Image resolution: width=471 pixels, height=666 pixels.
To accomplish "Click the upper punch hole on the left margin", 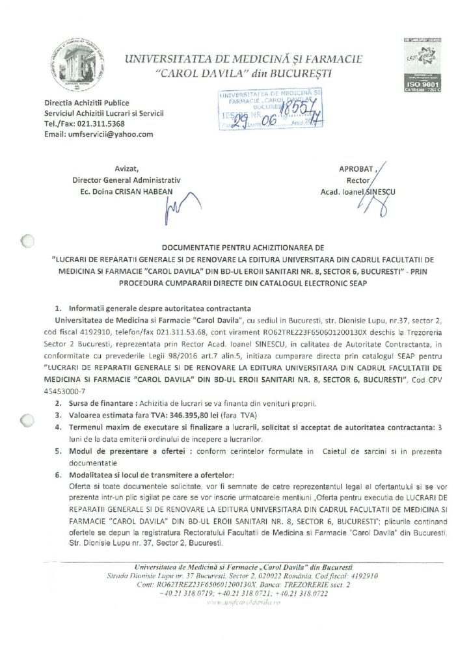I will (26, 241).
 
